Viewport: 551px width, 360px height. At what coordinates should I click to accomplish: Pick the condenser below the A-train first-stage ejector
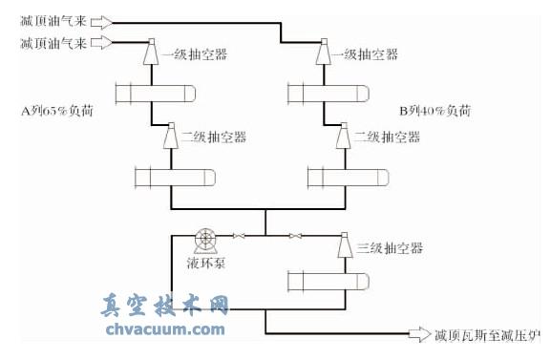point(154,94)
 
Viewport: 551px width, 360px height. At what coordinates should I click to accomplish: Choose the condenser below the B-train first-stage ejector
point(325,94)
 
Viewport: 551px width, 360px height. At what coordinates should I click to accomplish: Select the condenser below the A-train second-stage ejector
point(173,178)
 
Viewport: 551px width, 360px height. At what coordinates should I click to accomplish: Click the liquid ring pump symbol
point(205,238)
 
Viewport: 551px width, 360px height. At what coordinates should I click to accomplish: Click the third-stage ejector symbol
point(341,245)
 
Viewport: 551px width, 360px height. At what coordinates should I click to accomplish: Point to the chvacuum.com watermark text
point(163,330)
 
